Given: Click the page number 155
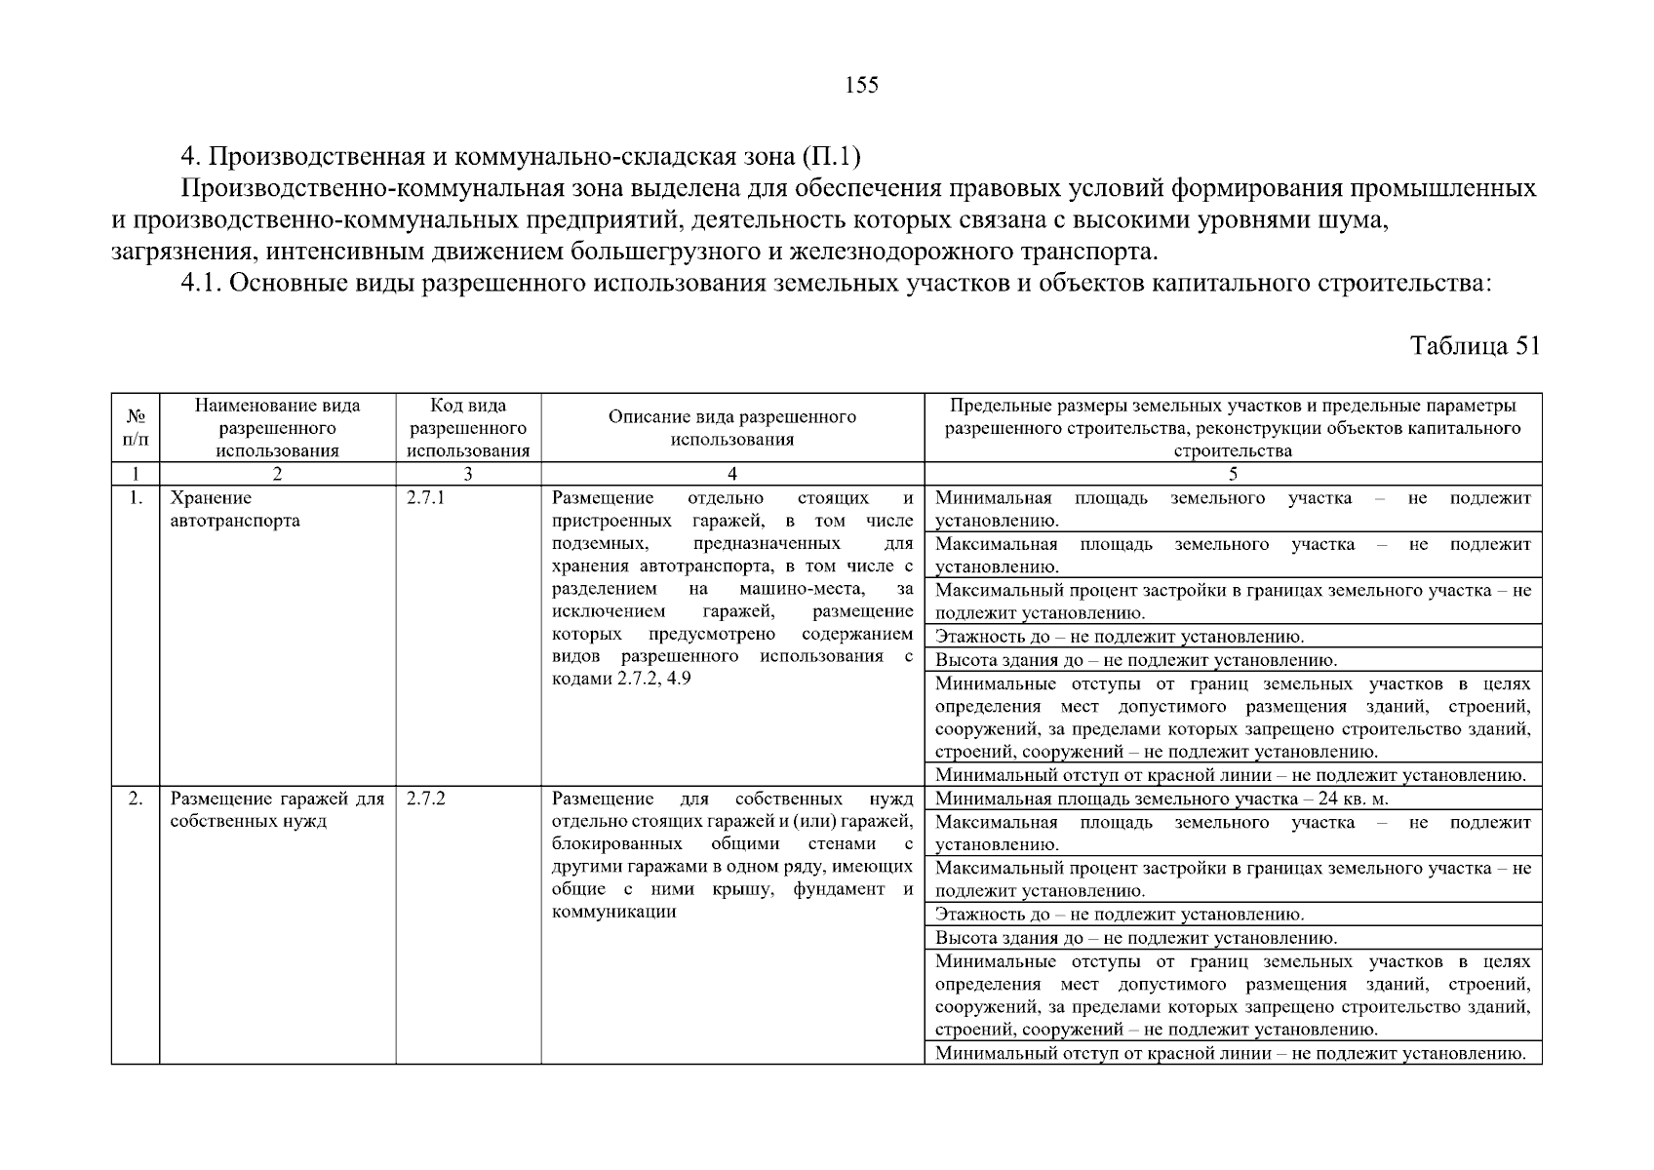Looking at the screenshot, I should [861, 86].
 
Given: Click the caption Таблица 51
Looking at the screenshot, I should [1475, 346].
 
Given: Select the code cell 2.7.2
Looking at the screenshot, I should [426, 799].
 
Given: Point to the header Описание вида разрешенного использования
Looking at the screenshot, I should [731, 428].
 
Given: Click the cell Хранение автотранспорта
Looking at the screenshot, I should [235, 510].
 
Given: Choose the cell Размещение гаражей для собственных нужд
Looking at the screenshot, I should [277, 810].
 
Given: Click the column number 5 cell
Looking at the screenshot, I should [1233, 475].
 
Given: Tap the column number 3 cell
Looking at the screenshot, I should [468, 475].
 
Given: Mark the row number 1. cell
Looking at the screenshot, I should [137, 499].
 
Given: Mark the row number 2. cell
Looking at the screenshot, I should [137, 799].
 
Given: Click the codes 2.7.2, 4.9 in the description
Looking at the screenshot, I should [653, 679].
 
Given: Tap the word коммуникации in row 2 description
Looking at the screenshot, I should [613, 913].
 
